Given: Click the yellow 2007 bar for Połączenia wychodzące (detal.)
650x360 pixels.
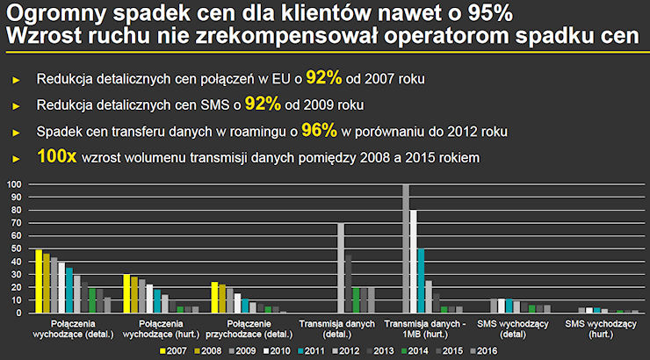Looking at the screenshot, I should (x=39, y=281).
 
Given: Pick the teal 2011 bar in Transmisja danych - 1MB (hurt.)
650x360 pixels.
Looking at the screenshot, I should (x=422, y=281).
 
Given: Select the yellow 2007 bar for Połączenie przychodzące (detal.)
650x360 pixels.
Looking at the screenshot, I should (x=214, y=298).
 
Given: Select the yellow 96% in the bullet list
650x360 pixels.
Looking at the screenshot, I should (x=319, y=131).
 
